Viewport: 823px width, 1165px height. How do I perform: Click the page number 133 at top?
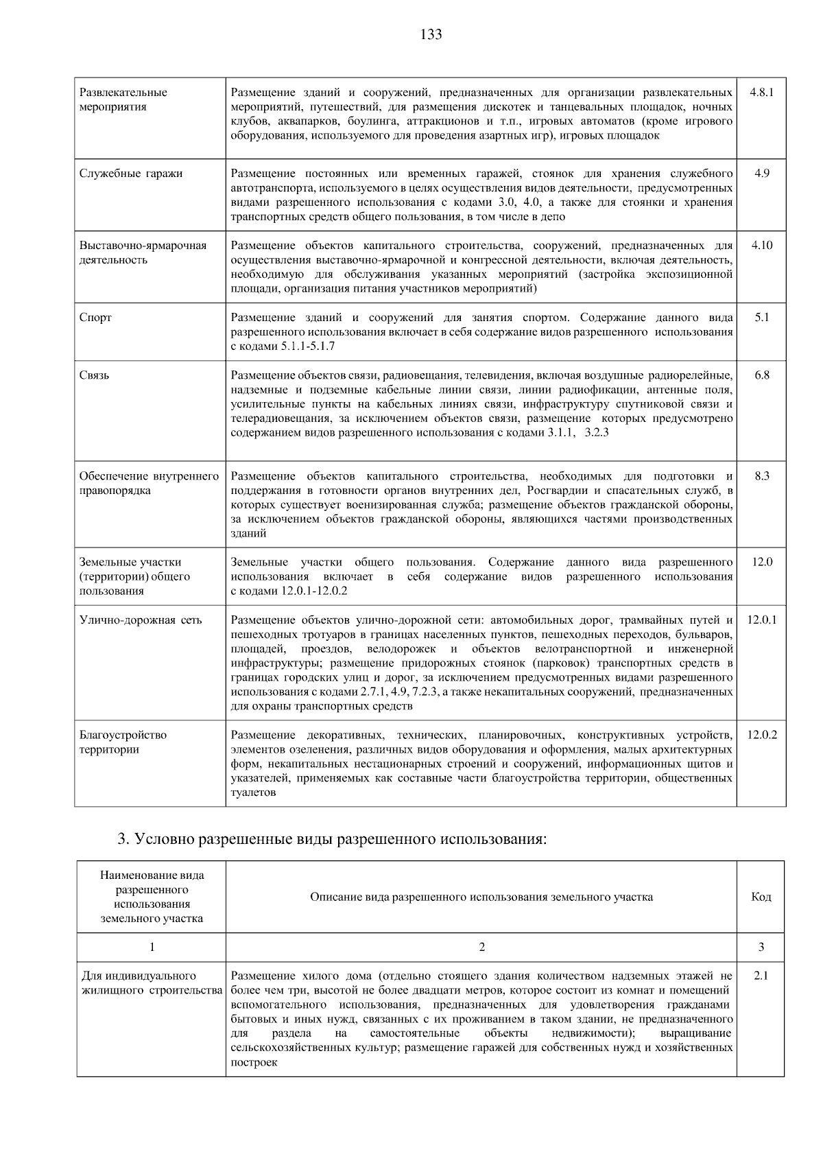431,34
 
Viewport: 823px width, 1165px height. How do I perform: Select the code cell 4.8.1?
761,92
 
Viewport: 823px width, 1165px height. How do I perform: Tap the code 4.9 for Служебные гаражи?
761,173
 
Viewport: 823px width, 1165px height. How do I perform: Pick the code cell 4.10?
761,245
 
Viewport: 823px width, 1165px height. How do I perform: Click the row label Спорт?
95,318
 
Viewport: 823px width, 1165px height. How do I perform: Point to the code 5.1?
761,318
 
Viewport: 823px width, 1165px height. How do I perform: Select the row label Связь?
95,375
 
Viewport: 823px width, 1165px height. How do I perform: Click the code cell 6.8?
761,375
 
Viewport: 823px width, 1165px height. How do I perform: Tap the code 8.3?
761,475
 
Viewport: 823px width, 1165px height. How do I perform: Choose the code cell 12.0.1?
761,620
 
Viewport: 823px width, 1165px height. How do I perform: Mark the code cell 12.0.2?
761,735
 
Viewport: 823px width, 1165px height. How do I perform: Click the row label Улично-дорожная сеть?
141,620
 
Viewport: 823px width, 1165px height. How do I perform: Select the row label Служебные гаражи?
131,174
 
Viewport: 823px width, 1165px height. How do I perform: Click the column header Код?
761,897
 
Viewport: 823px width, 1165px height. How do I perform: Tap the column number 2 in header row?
481,948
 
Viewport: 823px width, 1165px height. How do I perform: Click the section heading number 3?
123,839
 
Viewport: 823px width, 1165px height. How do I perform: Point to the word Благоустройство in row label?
123,735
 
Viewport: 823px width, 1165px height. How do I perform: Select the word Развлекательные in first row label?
123,92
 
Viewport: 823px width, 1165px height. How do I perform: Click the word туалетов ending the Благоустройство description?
253,792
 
